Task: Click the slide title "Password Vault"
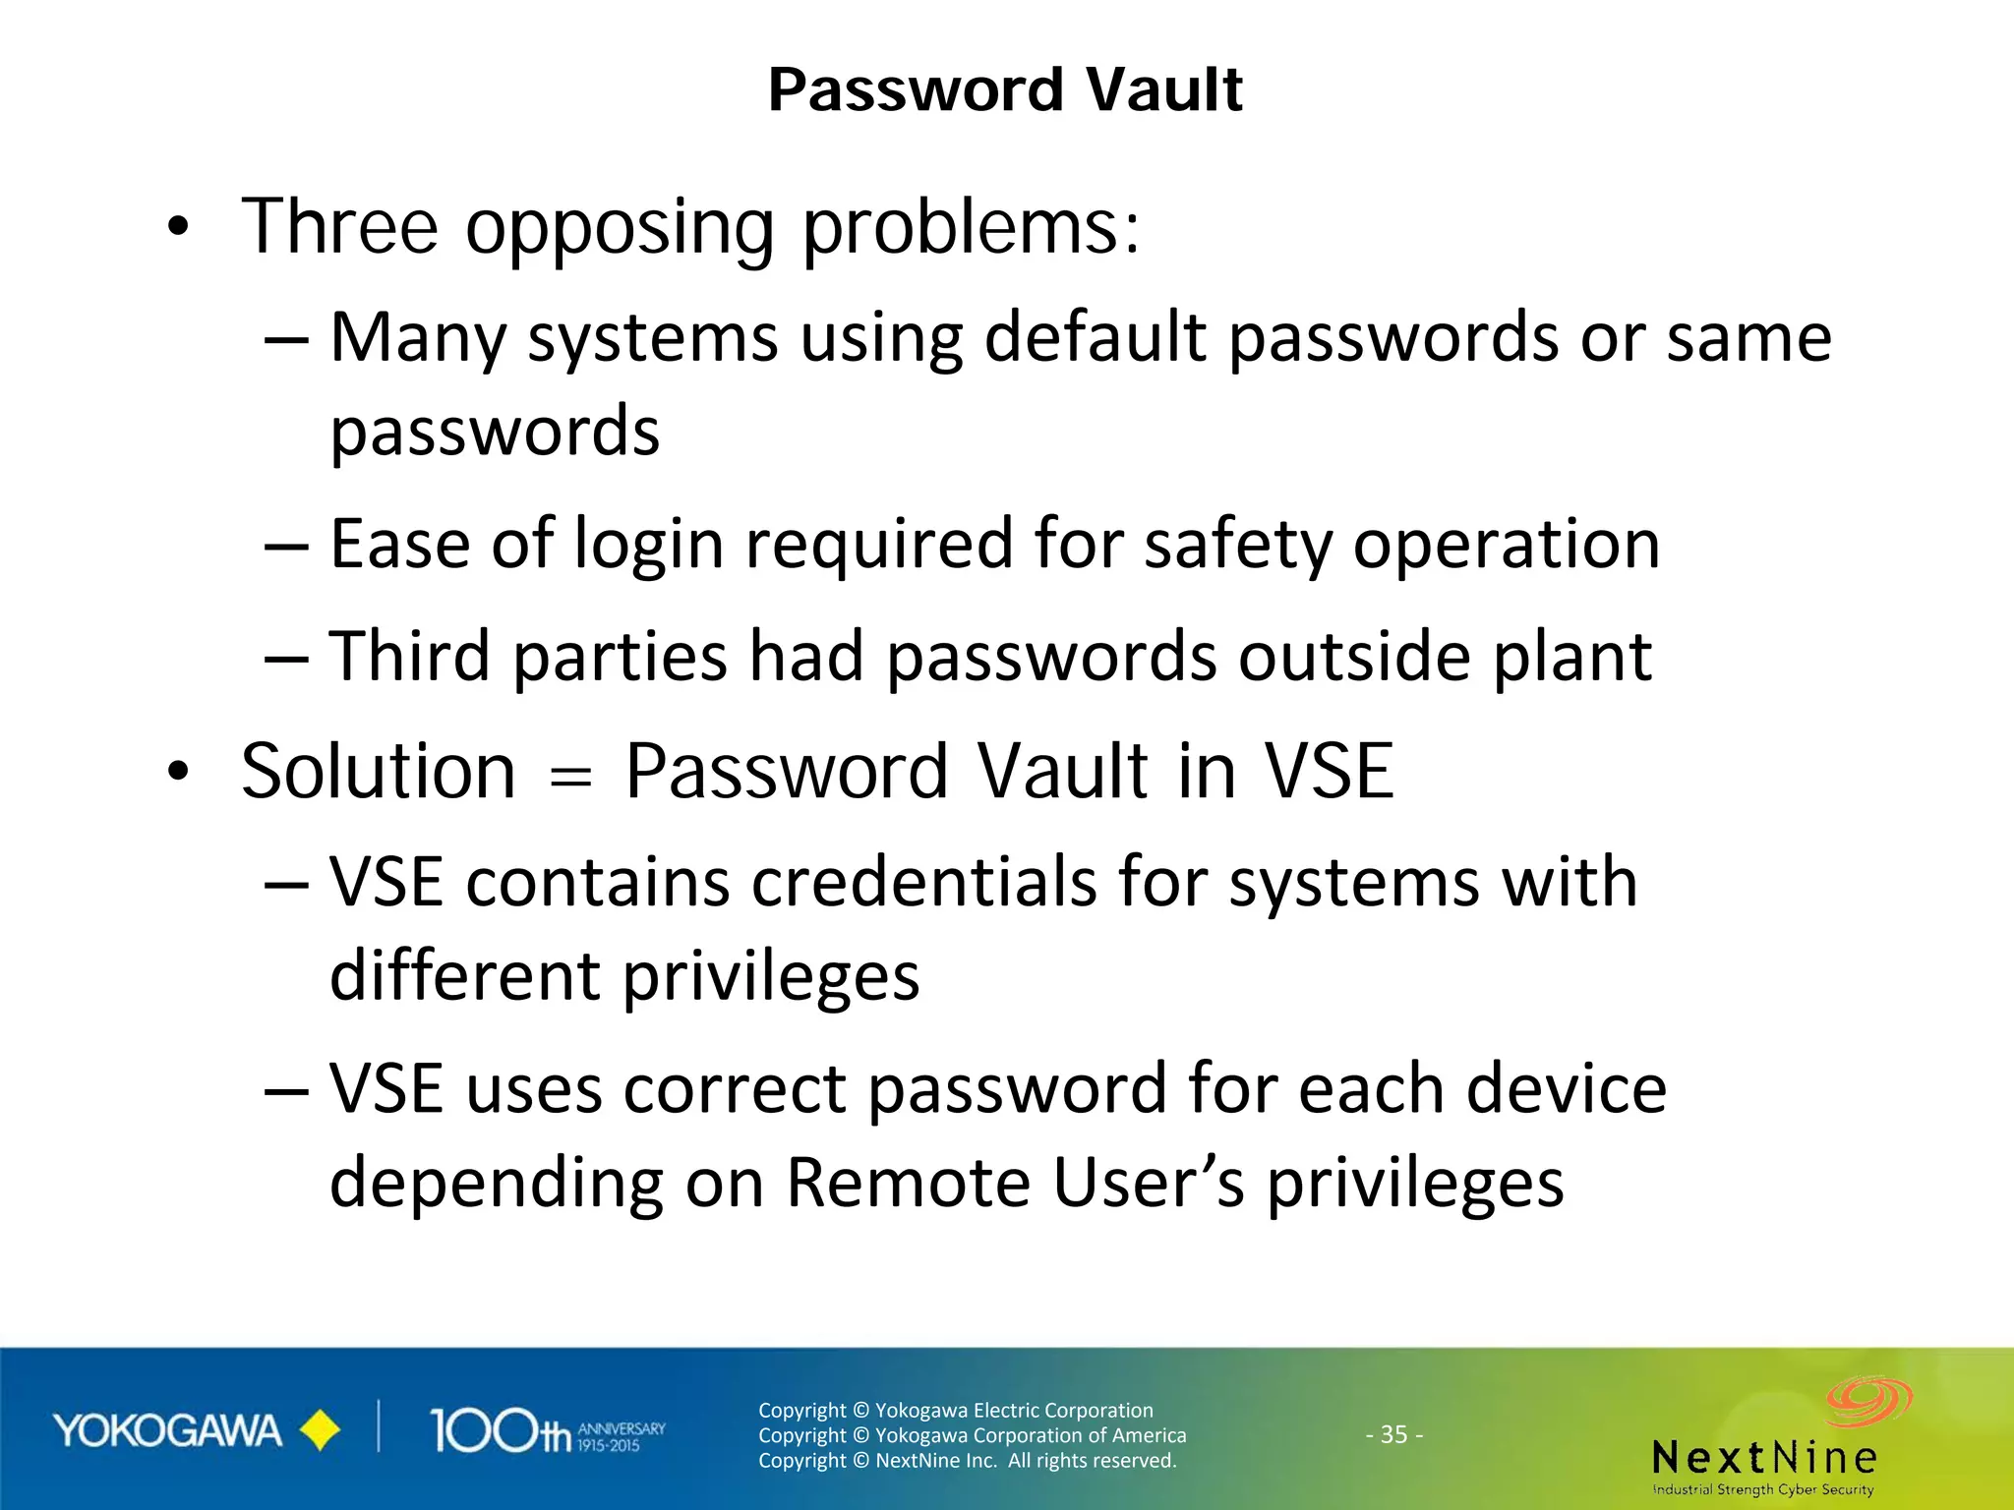pyautogui.click(x=1005, y=89)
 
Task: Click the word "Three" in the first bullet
pyautogui.click(x=339, y=227)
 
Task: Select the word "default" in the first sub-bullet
pyautogui.click(x=1094, y=337)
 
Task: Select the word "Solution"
pyautogui.click(x=379, y=771)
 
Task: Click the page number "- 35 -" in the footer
pyautogui.click(x=1393, y=1434)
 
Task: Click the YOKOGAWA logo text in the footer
pyautogui.click(x=167, y=1431)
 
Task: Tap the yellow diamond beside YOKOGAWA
pyautogui.click(x=320, y=1431)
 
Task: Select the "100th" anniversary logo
pyautogui.click(x=547, y=1431)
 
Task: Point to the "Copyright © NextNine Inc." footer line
pyautogui.click(x=967, y=1460)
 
